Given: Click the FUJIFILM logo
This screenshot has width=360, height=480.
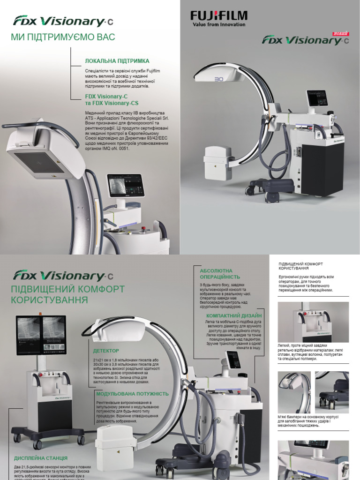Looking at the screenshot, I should tap(218, 16).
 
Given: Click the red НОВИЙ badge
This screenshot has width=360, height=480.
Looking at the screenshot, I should tap(340, 33).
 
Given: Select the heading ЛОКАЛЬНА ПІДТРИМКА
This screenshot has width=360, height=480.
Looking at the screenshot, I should tap(117, 61).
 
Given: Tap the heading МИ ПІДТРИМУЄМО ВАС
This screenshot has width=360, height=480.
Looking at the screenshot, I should tap(63, 37).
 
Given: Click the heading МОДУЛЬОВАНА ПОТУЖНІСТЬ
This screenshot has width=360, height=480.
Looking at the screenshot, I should tap(132, 394).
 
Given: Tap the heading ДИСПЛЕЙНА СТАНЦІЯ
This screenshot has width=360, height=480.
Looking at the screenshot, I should tap(41, 457).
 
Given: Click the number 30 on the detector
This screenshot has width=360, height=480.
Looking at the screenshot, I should tap(218, 79).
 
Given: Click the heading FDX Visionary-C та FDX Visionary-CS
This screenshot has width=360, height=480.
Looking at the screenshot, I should tap(112, 99).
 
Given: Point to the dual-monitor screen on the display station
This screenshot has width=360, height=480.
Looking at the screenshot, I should tap(41, 335).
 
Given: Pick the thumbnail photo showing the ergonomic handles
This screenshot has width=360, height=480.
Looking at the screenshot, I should tap(313, 322).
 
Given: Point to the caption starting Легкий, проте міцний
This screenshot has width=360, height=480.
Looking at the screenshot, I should tap(312, 353).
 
